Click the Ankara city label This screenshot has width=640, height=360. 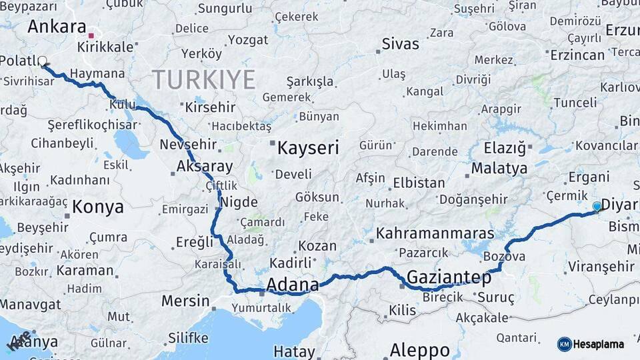[x=57, y=27]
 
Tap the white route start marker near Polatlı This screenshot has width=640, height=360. [x=43, y=61]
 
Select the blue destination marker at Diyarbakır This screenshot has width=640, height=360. [x=597, y=207]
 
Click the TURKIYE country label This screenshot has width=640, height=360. [x=204, y=80]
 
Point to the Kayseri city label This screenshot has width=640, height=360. [x=308, y=148]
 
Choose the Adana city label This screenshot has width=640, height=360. [x=292, y=285]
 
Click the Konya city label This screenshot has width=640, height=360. [x=97, y=207]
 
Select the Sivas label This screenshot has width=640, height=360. [x=400, y=45]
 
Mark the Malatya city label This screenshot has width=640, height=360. [x=499, y=168]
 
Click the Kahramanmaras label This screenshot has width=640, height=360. [x=435, y=233]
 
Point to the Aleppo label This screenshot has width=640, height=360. [x=419, y=349]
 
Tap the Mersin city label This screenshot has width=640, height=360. [x=185, y=301]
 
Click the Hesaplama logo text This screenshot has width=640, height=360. [x=598, y=344]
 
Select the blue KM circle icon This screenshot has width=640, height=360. [x=564, y=344]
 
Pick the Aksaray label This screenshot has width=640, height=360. [x=205, y=167]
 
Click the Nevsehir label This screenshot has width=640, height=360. [x=189, y=145]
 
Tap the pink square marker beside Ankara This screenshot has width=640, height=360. [x=91, y=35]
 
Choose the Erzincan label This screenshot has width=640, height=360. [x=577, y=55]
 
